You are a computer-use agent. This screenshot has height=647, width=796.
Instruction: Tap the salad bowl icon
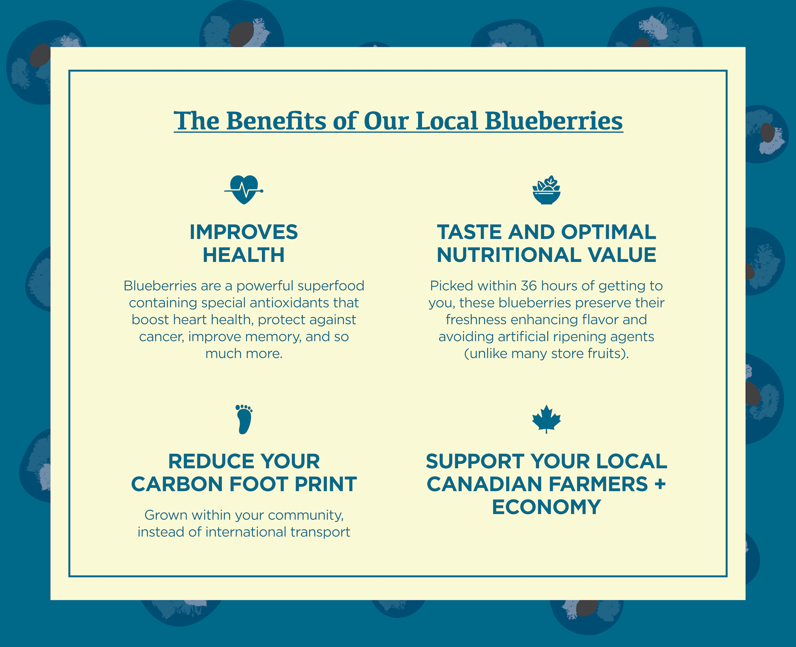[546, 190]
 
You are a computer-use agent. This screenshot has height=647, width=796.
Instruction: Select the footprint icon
[244, 419]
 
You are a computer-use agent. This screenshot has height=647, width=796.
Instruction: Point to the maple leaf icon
[546, 419]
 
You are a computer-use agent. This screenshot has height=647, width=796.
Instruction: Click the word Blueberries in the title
[554, 121]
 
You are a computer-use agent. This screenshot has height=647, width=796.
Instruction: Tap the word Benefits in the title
[276, 121]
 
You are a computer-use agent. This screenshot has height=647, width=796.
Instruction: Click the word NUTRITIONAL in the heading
[509, 255]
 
